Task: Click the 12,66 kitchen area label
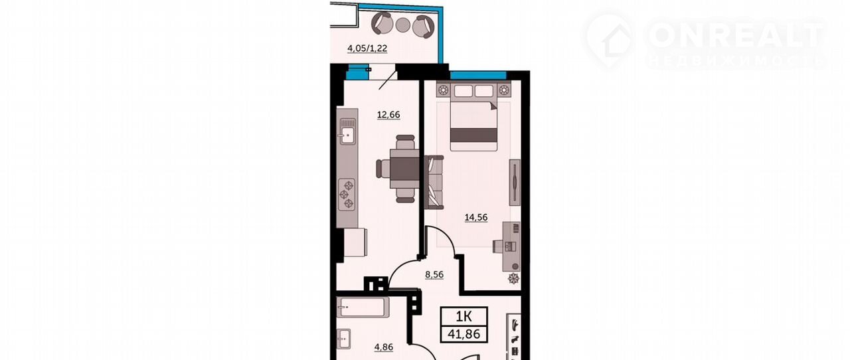[x=388, y=114]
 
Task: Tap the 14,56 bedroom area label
[x=476, y=217]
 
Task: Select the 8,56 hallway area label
[x=434, y=274]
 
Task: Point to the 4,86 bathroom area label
[x=384, y=347]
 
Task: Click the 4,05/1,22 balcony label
[x=367, y=48]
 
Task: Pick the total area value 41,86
[x=464, y=334]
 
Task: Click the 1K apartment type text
[x=464, y=316]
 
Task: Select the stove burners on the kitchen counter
[x=347, y=195]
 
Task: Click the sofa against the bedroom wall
[x=434, y=182]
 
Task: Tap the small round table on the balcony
[x=402, y=25]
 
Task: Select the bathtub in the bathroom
[x=363, y=308]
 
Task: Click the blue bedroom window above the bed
[x=478, y=75]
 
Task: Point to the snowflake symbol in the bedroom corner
[x=513, y=278]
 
